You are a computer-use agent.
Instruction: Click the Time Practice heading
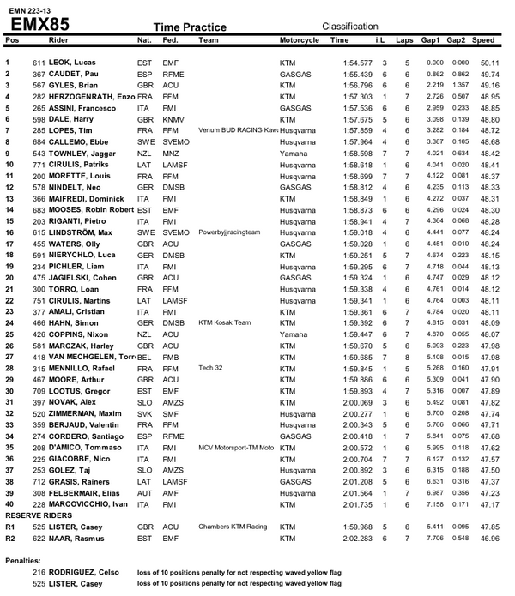pyautogui.click(x=189, y=27)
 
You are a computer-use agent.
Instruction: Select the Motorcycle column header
pyautogui.click(x=300, y=40)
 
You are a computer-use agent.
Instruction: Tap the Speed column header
pyautogui.click(x=483, y=40)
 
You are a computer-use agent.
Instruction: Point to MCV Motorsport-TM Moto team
pyautogui.click(x=235, y=446)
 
